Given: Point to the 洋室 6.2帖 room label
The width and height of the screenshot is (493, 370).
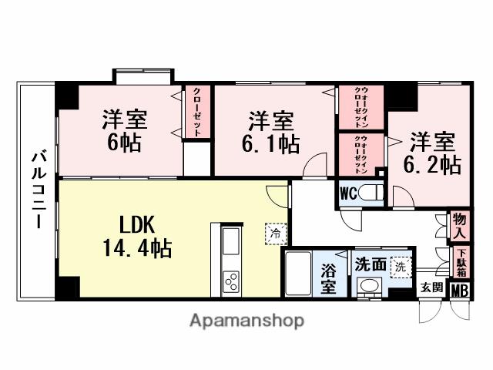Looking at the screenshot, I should (432, 153).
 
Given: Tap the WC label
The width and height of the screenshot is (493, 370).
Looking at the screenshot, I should (347, 193).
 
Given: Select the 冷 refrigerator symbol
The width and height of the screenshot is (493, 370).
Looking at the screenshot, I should (275, 230).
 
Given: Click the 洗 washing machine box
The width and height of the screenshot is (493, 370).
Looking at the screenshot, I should (401, 266).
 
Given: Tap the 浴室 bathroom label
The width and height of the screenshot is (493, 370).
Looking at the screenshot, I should (328, 278).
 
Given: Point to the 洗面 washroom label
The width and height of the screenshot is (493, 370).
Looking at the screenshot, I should (371, 264).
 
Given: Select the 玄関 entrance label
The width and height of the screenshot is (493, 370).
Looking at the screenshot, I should (431, 288).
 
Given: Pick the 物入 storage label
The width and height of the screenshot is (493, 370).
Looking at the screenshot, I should (460, 225).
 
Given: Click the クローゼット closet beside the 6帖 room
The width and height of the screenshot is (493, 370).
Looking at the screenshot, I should (196, 112).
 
